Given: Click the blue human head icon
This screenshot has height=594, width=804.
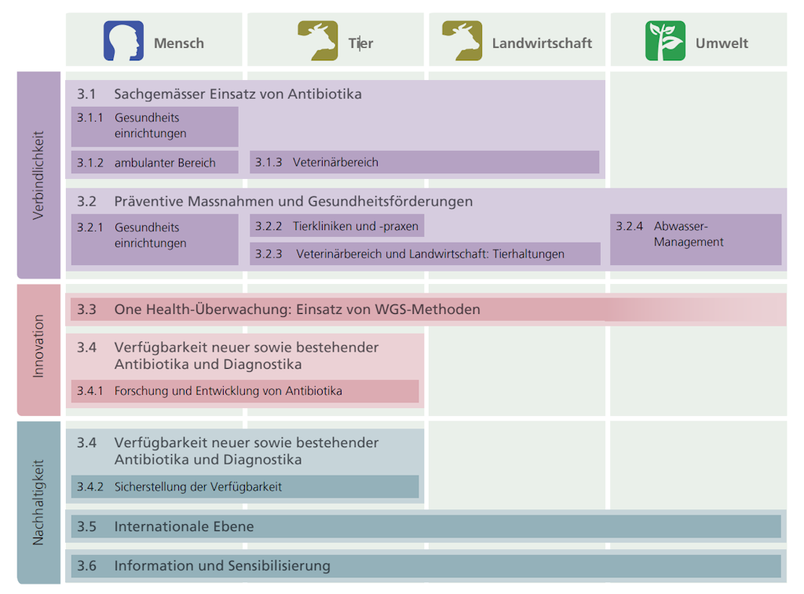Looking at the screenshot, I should click(124, 41).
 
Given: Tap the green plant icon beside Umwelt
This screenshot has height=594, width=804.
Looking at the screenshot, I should click(665, 41).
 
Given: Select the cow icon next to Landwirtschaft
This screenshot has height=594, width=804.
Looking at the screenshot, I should click(462, 41).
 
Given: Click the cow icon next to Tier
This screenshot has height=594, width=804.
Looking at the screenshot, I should click(317, 41).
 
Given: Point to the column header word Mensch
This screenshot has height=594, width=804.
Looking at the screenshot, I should click(179, 43).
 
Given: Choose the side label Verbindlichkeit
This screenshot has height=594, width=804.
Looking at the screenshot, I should click(38, 174).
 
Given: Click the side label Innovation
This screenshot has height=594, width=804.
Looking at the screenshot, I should click(38, 346).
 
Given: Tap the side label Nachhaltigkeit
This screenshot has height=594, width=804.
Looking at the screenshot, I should click(38, 502).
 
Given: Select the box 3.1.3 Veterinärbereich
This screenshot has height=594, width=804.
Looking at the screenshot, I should click(424, 162).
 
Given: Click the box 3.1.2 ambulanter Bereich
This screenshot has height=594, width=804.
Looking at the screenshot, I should click(155, 162).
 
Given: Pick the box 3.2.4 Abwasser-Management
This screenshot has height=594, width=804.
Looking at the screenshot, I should click(695, 235).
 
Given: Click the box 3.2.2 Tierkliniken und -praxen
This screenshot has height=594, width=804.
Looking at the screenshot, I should click(337, 226).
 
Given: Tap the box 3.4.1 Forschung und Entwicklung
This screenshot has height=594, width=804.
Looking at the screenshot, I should click(245, 391).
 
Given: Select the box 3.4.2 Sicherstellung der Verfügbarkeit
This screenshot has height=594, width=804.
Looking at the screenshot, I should click(245, 486).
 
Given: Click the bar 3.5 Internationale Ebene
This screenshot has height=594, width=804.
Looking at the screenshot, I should click(426, 527).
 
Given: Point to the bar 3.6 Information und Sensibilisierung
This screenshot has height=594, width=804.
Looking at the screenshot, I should click(426, 566).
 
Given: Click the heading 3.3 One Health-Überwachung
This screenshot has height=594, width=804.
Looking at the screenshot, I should click(297, 309).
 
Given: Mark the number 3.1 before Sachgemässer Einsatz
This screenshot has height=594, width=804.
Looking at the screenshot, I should click(86, 94).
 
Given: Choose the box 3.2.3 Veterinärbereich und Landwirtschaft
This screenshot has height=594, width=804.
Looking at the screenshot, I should click(425, 254).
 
